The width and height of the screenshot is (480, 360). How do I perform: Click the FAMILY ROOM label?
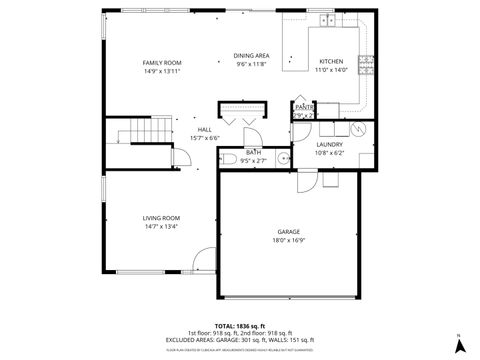coord(161,62)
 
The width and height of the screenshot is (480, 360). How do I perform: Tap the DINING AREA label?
coord(251,56)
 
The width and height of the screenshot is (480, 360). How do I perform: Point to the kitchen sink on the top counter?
coord(327,20)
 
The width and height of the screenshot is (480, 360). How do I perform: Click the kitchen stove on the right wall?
coord(367,65)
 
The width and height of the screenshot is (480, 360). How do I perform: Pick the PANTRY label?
coord(304,106)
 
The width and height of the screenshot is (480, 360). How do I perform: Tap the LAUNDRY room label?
coord(329,144)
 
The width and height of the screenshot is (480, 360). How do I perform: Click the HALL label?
coord(204,129)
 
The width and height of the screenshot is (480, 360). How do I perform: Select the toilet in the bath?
coord(228,160)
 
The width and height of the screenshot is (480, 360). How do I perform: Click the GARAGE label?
coord(289,232)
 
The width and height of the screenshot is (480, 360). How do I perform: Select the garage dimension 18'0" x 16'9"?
coord(289,241)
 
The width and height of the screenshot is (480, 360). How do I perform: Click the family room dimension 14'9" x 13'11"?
coord(161,71)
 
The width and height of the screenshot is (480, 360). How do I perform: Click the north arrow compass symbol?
coord(459,345)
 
